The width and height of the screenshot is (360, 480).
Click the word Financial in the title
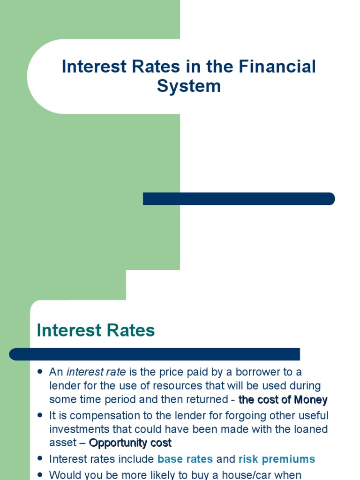tap(277, 67)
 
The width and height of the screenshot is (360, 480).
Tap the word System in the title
tap(189, 86)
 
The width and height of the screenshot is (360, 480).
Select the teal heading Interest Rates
tap(96, 330)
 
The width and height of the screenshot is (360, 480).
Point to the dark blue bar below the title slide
tap(239, 199)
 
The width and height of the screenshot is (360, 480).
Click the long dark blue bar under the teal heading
tap(154, 354)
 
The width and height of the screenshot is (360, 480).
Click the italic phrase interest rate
tap(96, 372)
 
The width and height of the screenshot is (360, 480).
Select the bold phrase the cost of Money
tap(283, 400)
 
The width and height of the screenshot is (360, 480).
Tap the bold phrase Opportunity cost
tap(130, 443)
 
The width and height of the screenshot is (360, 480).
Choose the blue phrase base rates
tap(185, 459)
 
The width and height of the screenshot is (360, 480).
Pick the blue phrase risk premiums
tap(277, 459)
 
